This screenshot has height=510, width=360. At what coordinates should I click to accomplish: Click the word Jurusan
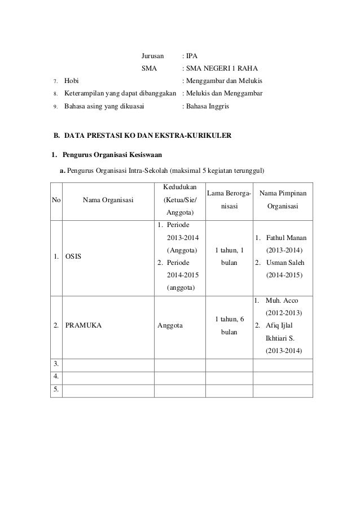click(152, 56)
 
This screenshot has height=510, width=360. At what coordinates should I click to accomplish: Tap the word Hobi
click(72, 81)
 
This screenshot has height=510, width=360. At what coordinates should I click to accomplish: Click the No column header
click(57, 199)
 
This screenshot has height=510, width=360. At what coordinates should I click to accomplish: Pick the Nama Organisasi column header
click(107, 199)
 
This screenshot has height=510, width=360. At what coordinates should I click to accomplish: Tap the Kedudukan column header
click(179, 187)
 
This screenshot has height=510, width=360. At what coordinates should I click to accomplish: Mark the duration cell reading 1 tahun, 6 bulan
click(229, 326)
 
